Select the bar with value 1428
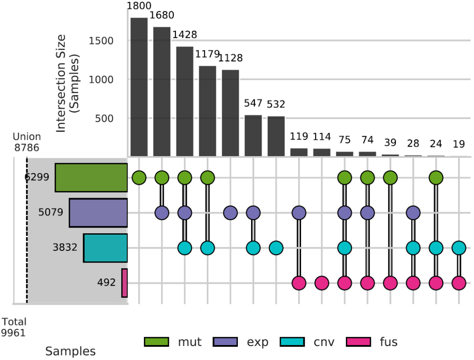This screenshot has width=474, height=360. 185,101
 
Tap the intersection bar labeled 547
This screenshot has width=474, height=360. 253,135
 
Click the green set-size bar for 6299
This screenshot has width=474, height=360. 91,178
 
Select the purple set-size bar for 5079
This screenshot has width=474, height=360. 98,213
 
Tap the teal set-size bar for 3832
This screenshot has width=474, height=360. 105,248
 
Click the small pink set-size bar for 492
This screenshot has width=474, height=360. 125,283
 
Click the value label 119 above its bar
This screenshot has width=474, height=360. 299,136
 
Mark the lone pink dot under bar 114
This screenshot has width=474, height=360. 322,283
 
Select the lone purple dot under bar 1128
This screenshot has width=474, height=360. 230,213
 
